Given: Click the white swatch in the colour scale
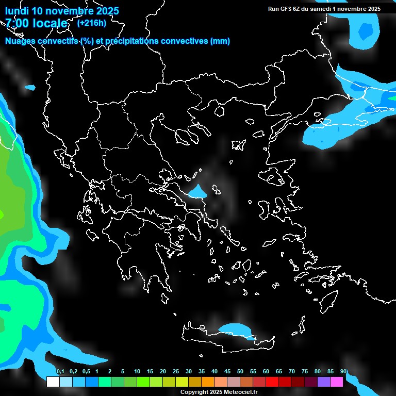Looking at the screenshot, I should pos(53,382).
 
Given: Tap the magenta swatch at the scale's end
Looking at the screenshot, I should pos(337,382).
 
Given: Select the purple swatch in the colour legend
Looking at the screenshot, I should pos(324,382).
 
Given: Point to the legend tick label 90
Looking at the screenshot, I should pos(343,372).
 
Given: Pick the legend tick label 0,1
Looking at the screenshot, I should pos(60,372).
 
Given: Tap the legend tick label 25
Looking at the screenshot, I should pos(175,372).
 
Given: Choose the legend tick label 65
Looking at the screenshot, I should pos(278,372).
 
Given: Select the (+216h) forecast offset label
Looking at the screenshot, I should pos(91,23).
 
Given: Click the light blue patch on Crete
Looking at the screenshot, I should pos(234,328).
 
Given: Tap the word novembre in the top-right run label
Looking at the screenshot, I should pos(352,9).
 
